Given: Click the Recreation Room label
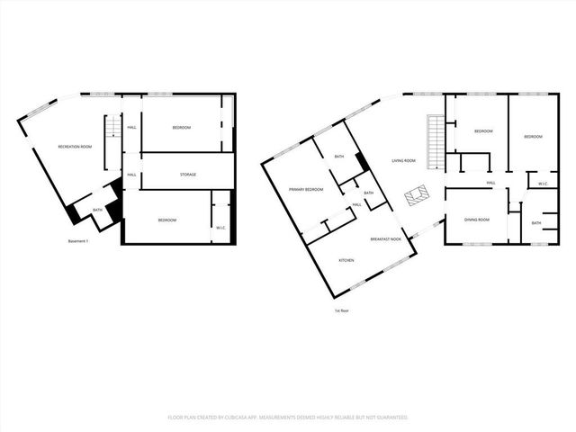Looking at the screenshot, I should (x=75, y=146).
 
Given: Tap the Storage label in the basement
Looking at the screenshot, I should (x=187, y=174).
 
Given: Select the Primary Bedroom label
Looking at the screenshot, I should (x=306, y=190).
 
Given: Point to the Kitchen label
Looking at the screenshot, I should (x=346, y=259).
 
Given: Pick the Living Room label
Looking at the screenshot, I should (x=403, y=161).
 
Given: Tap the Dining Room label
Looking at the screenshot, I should (x=476, y=220).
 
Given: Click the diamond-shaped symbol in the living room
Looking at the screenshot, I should (x=415, y=195).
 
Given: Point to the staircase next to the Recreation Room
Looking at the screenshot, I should (x=112, y=139).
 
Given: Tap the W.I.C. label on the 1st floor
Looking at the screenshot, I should (x=543, y=184).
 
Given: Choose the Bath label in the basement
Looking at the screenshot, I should (x=96, y=210).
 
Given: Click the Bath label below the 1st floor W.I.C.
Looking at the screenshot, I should (x=536, y=223).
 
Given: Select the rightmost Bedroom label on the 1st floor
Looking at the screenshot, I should (x=534, y=137).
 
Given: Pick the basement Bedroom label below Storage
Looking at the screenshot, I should (x=166, y=220).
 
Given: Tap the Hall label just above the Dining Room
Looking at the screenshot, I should (x=491, y=184).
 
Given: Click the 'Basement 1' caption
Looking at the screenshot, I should (x=79, y=241).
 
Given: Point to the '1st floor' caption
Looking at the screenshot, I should (x=342, y=311).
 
